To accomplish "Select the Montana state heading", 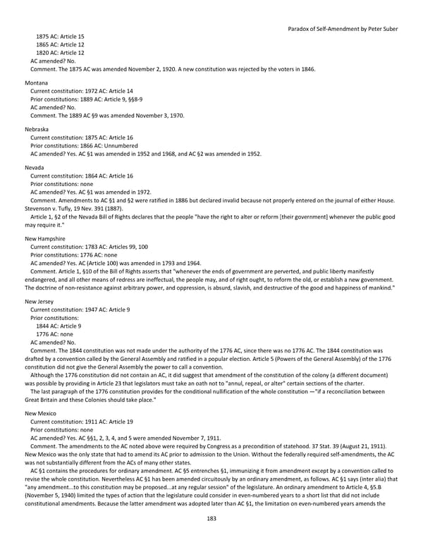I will pyautogui.click(x=37, y=83).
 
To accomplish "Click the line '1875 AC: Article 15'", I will pyautogui.click(x=60, y=36).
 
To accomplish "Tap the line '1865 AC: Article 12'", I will pyautogui.click(x=60, y=44).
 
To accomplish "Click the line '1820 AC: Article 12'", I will pyautogui.click(x=60, y=53).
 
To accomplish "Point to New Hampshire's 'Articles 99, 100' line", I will pyautogui.click(x=87, y=247).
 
